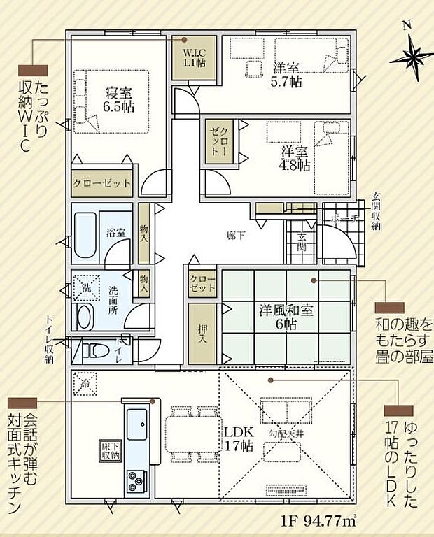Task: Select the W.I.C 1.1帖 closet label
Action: pyautogui.click(x=194, y=57)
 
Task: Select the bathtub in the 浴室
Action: pyautogui.click(x=87, y=235)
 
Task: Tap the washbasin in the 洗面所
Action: pyautogui.click(x=85, y=315)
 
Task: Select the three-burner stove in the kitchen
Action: pyautogui.click(x=134, y=481)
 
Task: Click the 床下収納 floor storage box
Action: pyautogui.click(x=110, y=450)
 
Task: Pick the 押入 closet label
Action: pyautogui.click(x=201, y=334)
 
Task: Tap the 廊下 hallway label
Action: pyautogui.click(x=236, y=236)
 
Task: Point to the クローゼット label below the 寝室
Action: pyautogui.click(x=102, y=185)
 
